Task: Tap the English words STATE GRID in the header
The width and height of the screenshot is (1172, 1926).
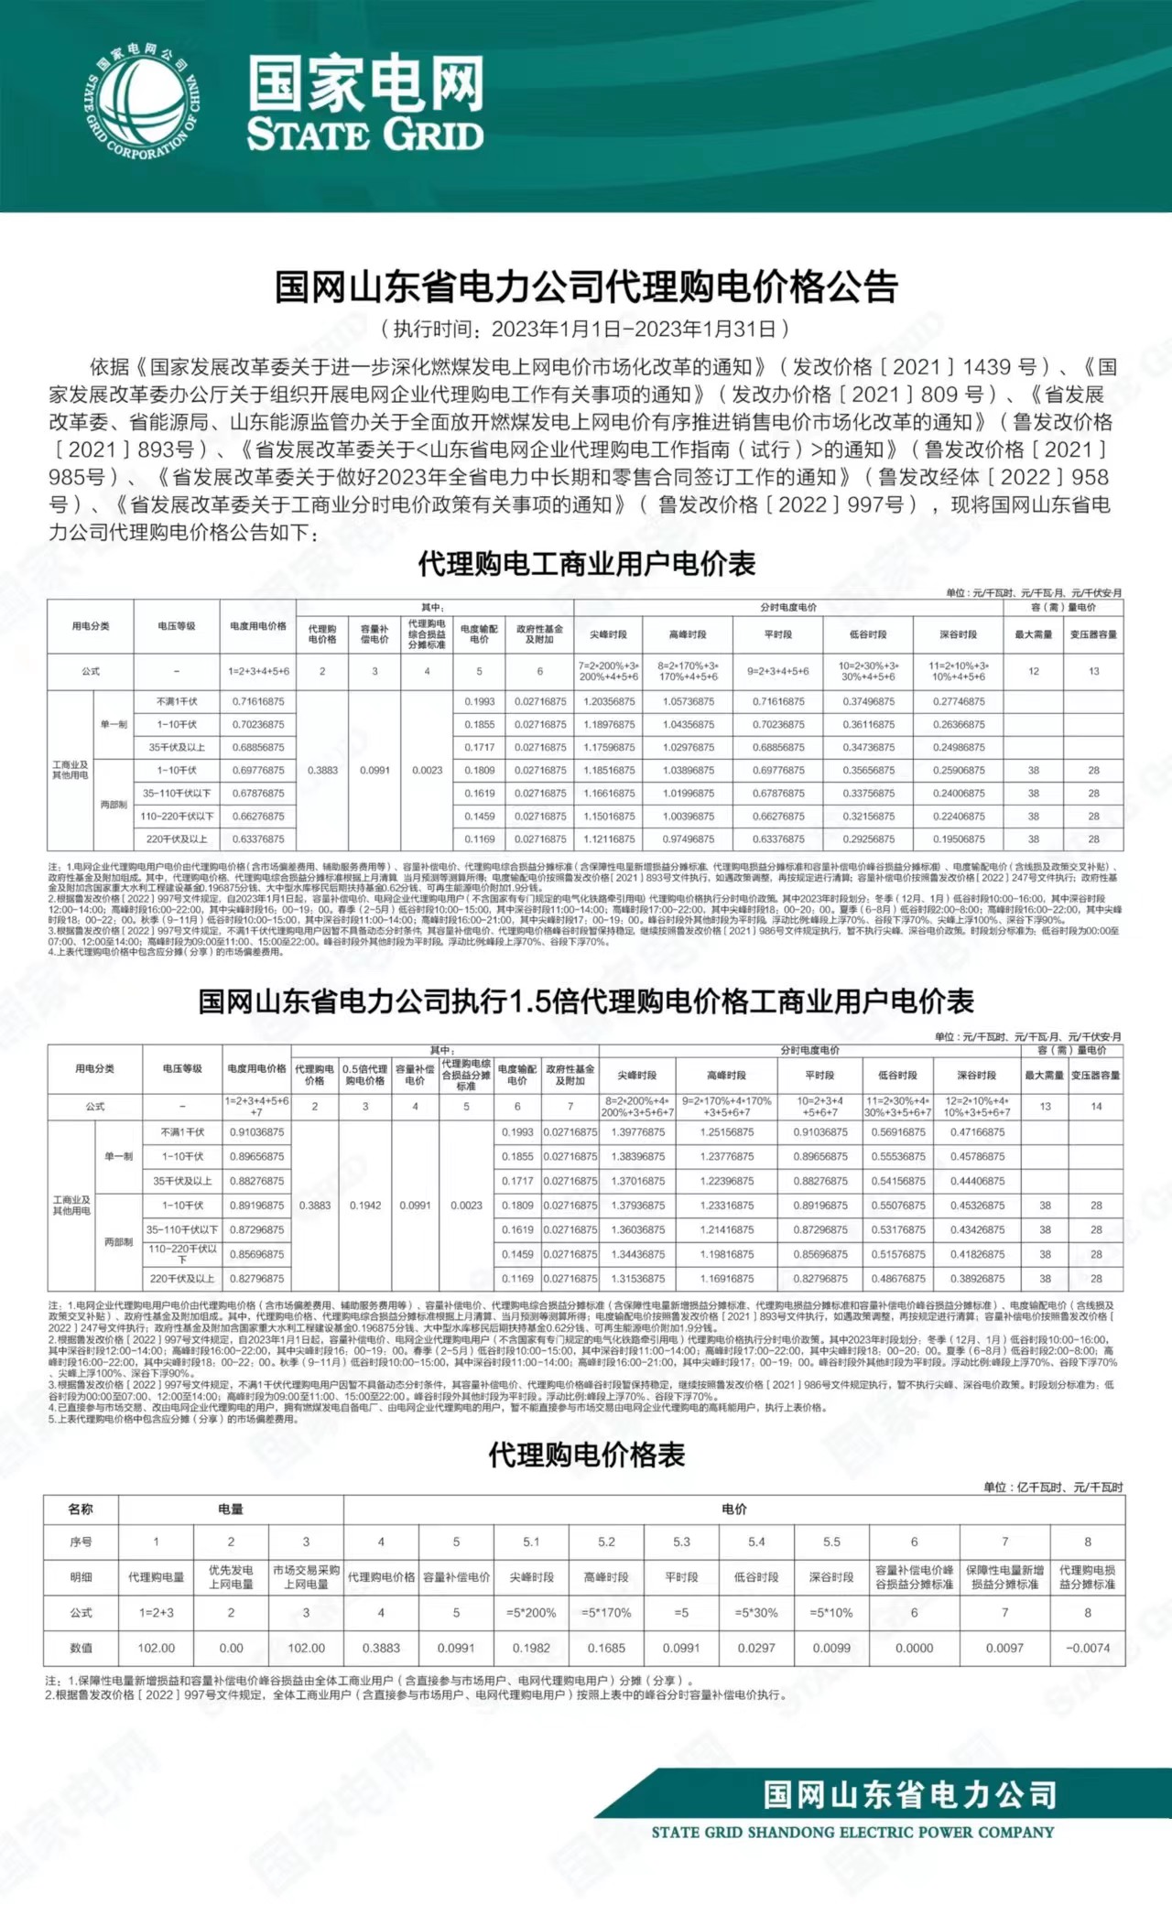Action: pos(365,135)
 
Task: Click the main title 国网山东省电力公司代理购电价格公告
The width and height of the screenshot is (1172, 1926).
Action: pos(586,287)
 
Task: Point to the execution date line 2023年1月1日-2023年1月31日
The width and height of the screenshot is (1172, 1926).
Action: pos(585,329)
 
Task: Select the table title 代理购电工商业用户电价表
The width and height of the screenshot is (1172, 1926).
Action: pos(586,564)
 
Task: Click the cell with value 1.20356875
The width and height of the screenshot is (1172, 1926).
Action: pos(609,702)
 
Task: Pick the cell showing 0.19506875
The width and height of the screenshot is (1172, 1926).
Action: pos(959,839)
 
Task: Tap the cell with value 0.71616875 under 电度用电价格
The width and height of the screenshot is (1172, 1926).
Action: pos(258,702)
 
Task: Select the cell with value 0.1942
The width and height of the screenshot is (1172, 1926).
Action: pos(364,1206)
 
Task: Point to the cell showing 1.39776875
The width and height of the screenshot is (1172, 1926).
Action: pos(637,1132)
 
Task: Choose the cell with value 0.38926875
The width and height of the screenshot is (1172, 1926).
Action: pos(977,1279)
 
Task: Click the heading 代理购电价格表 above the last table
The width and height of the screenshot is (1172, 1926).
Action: pos(586,1455)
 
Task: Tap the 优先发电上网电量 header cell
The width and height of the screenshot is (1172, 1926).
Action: pos(231,1577)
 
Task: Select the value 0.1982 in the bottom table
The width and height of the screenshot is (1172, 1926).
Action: pos(531,1648)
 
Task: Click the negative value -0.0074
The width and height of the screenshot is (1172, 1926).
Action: pos(1088,1648)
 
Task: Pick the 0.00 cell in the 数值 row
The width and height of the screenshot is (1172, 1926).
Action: pos(231,1648)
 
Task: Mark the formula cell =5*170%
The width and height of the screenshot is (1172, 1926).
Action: pos(606,1613)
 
